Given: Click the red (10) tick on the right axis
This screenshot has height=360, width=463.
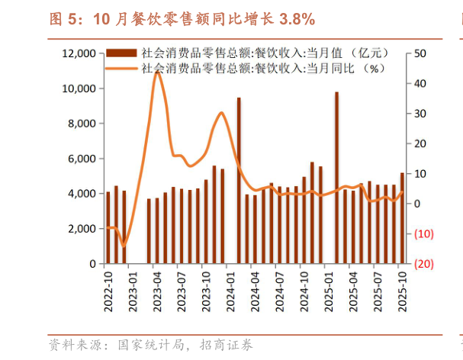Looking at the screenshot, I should click(423, 234).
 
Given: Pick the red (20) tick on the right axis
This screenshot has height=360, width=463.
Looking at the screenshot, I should click(423, 264).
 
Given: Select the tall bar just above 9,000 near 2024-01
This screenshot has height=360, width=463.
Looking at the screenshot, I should click(239, 181).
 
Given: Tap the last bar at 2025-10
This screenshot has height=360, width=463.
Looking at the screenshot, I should click(403, 218).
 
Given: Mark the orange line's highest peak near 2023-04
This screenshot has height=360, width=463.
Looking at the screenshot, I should click(157, 72).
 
